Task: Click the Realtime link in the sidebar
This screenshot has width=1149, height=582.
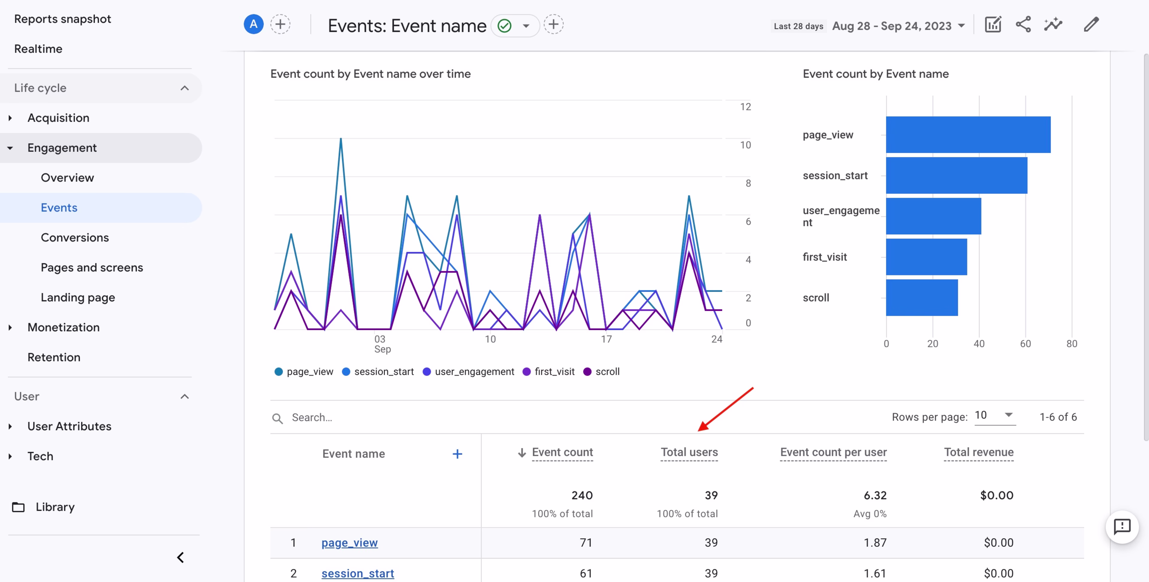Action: click(38, 49)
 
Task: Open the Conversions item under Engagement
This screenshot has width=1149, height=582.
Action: click(75, 237)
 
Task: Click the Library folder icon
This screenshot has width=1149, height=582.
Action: click(18, 507)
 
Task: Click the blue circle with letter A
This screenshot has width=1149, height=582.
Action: click(253, 25)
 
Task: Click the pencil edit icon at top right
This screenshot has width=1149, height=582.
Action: click(1091, 25)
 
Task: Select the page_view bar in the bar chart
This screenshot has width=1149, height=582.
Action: click(968, 135)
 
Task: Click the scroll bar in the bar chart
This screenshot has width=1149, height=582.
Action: click(922, 298)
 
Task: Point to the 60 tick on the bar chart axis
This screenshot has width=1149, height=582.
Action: click(1025, 343)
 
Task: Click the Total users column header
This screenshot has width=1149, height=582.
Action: click(689, 452)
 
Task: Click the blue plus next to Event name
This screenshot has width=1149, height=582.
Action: click(457, 454)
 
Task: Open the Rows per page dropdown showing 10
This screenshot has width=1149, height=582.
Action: click(994, 416)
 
